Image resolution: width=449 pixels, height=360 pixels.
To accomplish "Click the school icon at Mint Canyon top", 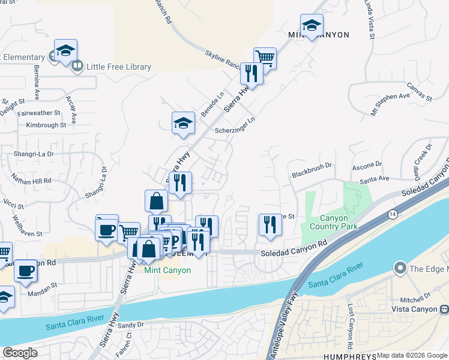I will [x=312, y=25].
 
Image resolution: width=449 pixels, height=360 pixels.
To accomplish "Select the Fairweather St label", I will [x=40, y=112].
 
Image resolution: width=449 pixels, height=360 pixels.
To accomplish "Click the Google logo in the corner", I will [x=20, y=353].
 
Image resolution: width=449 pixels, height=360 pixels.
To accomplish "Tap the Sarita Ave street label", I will [x=374, y=178].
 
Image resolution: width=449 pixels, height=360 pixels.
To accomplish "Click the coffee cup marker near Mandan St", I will [x=25, y=271].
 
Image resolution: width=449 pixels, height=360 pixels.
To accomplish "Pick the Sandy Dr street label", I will [x=131, y=325].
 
